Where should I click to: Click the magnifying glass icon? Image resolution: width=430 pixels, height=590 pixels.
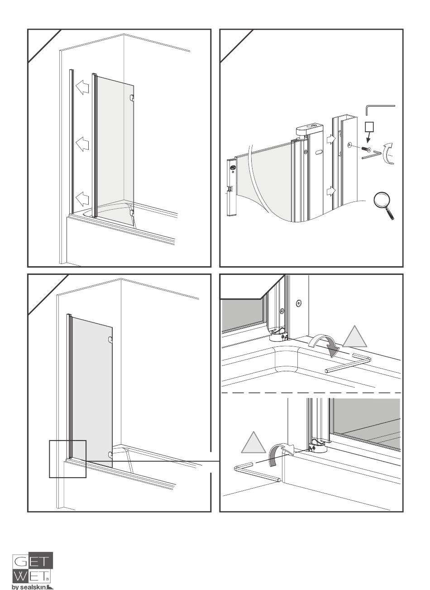(382, 204)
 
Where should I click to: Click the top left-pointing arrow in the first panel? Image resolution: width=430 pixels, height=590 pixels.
(82, 87)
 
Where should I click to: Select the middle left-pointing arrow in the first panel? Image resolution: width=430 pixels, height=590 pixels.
(82, 144)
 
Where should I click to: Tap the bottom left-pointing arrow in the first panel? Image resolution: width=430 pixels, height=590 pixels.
(82, 199)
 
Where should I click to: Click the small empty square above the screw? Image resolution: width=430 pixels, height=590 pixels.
(369, 127)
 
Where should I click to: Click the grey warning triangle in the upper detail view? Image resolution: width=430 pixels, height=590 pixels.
(354, 338)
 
